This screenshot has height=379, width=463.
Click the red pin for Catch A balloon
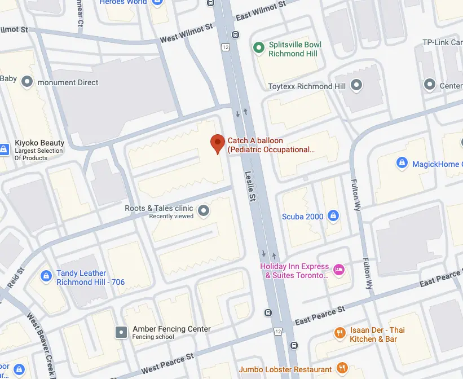pyautogui.click(x=217, y=143)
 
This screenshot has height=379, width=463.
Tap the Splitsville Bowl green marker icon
pyautogui.click(x=259, y=49)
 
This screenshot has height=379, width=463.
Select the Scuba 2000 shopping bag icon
pyautogui.click(x=333, y=216)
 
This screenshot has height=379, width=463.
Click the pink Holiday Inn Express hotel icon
pyautogui.click(x=339, y=270)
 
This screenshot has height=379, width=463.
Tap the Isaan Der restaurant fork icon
pyautogui.click(x=339, y=333)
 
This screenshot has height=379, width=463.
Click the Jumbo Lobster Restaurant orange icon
pyautogui.click(x=342, y=369)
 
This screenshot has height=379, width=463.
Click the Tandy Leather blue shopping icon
pyautogui.click(x=46, y=276)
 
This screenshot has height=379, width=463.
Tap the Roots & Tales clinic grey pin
pyautogui.click(x=204, y=211)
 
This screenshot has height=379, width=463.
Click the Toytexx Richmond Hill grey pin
pyautogui.click(x=356, y=86)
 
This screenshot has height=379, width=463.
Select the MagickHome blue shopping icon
pyautogui.click(x=402, y=164)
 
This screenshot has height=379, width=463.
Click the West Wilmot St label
pyautogui.click(x=187, y=33)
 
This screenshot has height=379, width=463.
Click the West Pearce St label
pyautogui.click(x=167, y=363)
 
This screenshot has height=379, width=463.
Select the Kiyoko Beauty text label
pyautogui.click(x=39, y=143)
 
